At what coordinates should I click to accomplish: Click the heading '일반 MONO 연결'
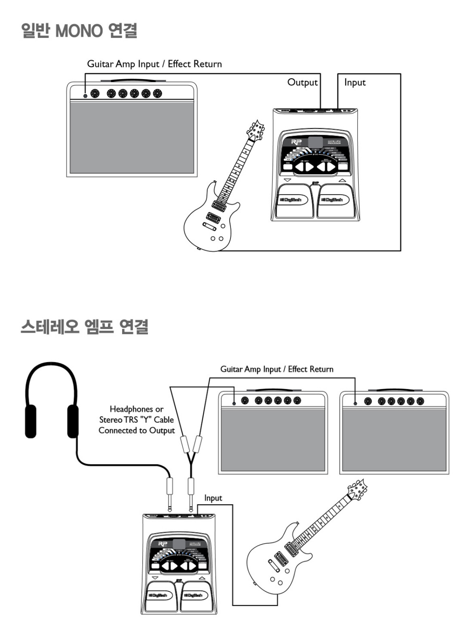point(79,31)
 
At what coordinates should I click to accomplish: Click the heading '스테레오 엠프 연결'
point(84,327)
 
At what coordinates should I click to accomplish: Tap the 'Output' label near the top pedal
point(302,82)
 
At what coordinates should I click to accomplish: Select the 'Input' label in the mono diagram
point(355,82)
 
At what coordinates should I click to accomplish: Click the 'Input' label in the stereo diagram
point(213,498)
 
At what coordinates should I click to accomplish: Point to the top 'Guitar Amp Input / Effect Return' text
point(154,64)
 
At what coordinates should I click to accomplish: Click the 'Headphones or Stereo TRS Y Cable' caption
point(137,420)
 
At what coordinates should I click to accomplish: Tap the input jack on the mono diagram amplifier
point(85,96)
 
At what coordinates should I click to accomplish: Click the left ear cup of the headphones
point(31,421)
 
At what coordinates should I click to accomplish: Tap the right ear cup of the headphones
point(73,421)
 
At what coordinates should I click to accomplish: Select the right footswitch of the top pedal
point(335,201)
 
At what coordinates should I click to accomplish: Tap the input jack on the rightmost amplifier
point(355,403)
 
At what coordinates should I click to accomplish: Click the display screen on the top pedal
point(315,142)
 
